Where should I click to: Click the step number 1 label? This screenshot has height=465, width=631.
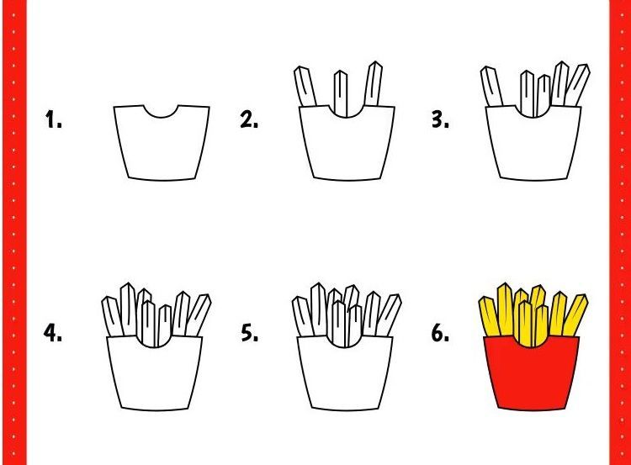(x=54, y=120)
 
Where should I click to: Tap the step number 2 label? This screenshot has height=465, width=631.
(x=249, y=120)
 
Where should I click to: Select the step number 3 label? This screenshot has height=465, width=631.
(x=440, y=120)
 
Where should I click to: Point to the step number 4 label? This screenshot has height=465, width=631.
(x=53, y=333)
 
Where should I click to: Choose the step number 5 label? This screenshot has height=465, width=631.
(x=250, y=333)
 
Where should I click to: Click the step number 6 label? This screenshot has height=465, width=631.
(x=440, y=333)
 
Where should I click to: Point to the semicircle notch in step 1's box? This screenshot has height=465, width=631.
(x=161, y=116)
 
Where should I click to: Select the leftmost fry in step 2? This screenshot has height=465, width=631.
(x=305, y=87)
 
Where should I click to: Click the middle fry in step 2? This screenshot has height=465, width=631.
(x=341, y=93)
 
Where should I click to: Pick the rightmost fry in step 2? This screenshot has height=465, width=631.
(x=373, y=84)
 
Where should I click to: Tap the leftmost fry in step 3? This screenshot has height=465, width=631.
(x=492, y=87)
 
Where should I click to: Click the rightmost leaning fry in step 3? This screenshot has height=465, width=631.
(x=577, y=85)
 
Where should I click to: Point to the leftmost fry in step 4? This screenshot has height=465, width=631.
(x=112, y=316)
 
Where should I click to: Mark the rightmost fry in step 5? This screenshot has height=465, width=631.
(x=389, y=315)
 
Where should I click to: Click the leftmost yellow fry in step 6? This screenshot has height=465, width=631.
(x=490, y=316)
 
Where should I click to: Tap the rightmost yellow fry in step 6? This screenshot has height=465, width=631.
(x=575, y=315)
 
